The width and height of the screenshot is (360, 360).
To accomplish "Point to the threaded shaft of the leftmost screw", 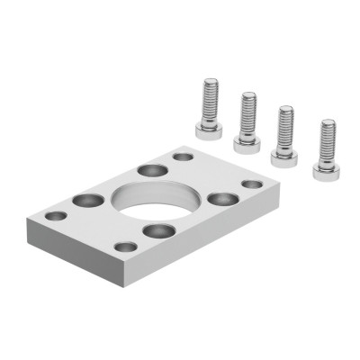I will [x=209, y=99].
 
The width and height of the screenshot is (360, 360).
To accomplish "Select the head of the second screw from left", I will [x=247, y=141].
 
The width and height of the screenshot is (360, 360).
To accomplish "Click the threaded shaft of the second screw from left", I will [x=247, y=112].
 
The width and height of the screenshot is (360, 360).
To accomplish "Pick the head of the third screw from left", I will [x=285, y=155].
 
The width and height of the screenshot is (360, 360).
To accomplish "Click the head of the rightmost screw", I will [x=325, y=168].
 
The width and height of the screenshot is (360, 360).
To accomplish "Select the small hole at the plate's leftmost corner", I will [x=56, y=216].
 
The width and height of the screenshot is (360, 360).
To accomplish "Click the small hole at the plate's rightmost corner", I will [x=252, y=184].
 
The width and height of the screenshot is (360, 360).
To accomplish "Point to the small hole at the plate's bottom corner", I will [x=126, y=246].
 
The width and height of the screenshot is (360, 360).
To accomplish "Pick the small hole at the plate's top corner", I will [x=183, y=157].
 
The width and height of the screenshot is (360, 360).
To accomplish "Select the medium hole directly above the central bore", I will [x=149, y=170].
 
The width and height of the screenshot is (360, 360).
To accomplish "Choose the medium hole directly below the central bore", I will [x=158, y=231].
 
